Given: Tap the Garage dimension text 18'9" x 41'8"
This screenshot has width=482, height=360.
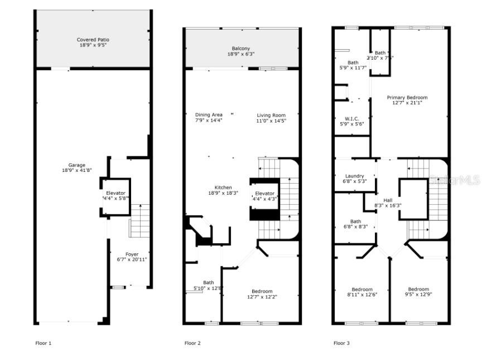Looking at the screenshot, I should [x=77, y=171].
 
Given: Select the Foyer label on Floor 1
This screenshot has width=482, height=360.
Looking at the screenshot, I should [x=132, y=254].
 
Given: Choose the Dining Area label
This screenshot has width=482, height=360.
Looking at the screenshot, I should [x=209, y=115].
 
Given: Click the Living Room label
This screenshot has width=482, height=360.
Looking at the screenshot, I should [x=271, y=115].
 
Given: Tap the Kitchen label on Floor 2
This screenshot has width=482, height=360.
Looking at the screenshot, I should [x=223, y=188].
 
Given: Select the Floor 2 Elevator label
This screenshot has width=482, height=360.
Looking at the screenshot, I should [x=265, y=193].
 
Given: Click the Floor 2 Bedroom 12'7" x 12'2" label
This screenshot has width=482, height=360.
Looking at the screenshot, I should [x=262, y=291].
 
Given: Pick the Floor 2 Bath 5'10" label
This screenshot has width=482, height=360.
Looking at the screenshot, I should [x=208, y=282].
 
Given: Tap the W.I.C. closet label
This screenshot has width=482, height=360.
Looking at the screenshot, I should [x=351, y=118].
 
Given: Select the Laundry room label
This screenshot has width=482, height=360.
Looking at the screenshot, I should [x=354, y=176].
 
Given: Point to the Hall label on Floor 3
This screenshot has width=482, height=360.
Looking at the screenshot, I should [x=388, y=200].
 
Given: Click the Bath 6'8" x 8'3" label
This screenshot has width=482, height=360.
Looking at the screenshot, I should [x=355, y=222].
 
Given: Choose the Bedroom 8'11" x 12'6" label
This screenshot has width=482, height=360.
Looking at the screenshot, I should [x=361, y=289].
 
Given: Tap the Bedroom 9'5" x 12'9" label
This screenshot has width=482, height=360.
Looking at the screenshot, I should [x=418, y=289].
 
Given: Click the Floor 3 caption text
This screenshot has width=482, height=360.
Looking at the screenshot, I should [x=341, y=343].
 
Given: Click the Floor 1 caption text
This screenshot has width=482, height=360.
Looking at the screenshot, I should [x=43, y=343].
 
